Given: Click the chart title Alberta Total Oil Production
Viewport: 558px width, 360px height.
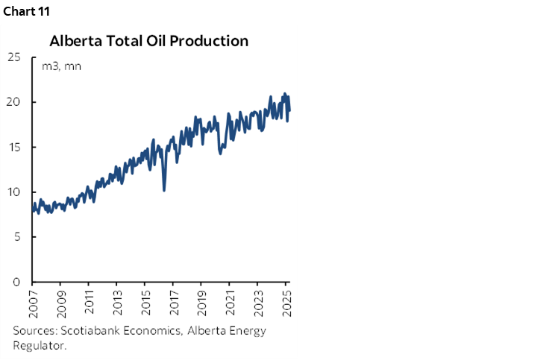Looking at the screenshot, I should click(x=148, y=40).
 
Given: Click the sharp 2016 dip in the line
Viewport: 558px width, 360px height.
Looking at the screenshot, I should click(x=164, y=189).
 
